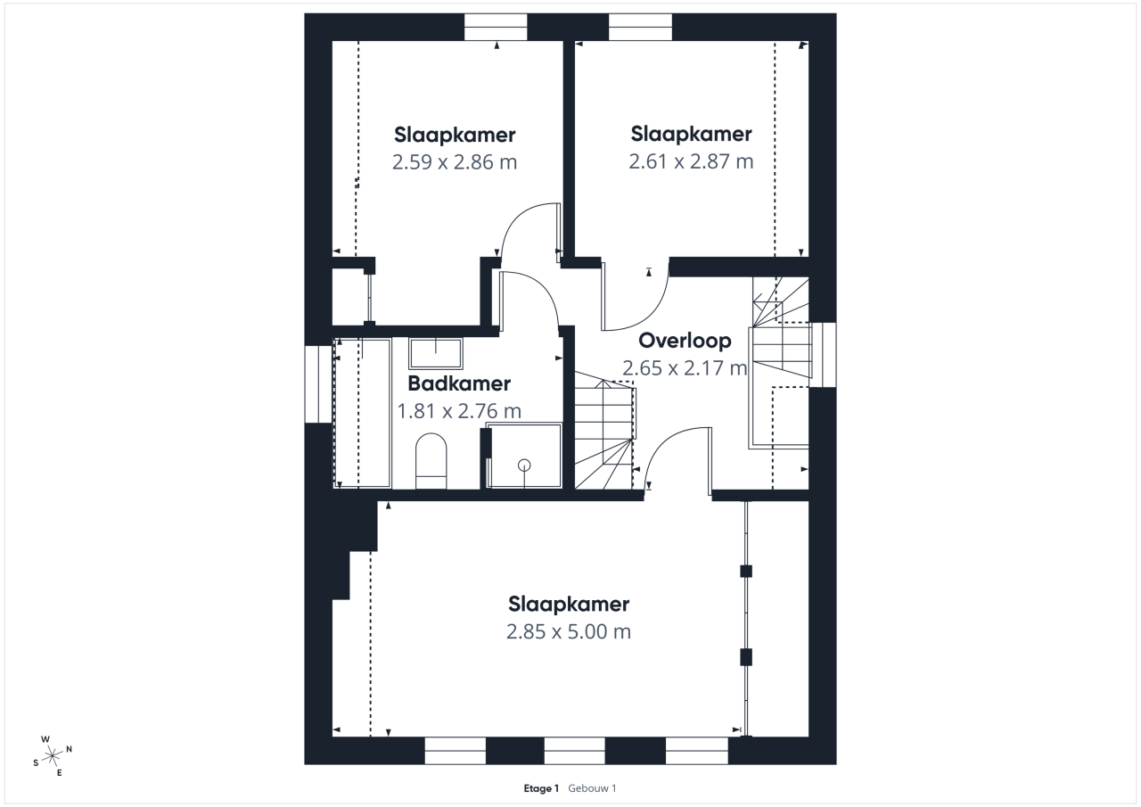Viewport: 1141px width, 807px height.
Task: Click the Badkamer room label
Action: tap(459, 383)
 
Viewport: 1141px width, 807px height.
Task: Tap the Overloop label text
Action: tap(685, 341)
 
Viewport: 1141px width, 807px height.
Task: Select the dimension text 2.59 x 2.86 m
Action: tap(455, 162)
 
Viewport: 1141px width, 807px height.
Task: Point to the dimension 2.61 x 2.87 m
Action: tap(691, 161)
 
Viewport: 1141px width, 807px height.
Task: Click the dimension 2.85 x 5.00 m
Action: tap(569, 631)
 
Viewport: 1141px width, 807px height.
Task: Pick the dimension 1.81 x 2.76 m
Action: tap(459, 411)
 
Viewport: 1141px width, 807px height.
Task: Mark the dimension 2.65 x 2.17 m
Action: tap(685, 368)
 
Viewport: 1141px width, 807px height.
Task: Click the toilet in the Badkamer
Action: tap(431, 461)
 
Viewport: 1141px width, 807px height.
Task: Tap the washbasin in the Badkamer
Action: tap(436, 353)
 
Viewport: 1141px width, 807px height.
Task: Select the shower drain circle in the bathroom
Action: tap(524, 465)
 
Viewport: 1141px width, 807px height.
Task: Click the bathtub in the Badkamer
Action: tap(362, 413)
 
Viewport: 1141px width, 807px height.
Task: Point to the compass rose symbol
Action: tap(52, 755)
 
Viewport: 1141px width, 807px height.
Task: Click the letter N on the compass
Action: tap(70, 749)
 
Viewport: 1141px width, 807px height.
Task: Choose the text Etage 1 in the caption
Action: tap(541, 788)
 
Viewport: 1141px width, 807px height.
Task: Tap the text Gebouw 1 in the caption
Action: tap(592, 788)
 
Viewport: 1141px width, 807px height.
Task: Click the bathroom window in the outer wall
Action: tap(319, 384)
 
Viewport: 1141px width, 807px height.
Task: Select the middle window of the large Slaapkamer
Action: tap(575, 751)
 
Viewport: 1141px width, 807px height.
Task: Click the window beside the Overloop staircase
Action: tap(823, 355)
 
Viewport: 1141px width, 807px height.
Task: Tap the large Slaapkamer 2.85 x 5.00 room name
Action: tap(569, 605)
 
